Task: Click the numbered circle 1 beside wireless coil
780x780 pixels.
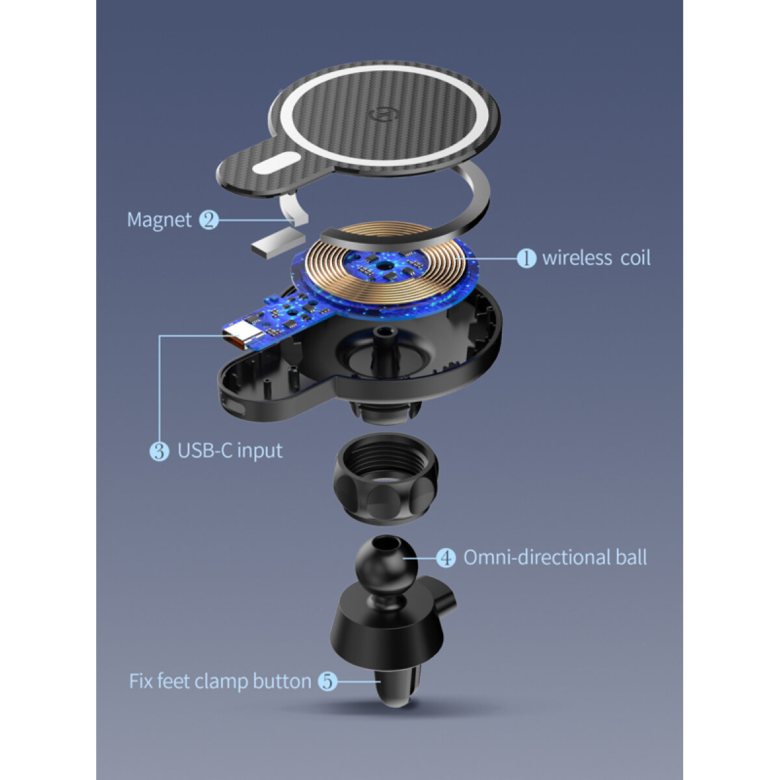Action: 526,258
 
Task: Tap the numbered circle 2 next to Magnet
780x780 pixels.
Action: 209,220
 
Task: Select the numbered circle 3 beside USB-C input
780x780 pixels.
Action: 159,451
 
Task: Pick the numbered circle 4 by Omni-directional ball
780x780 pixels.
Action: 446,558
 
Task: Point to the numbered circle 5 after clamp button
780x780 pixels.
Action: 328,681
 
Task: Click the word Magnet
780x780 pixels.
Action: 159,220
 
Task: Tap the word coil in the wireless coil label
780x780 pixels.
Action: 636,258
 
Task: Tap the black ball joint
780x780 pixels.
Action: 386,565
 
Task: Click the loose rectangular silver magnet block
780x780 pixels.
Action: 278,241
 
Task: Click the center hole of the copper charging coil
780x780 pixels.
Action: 383,266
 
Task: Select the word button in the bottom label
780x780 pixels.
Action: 282,681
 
